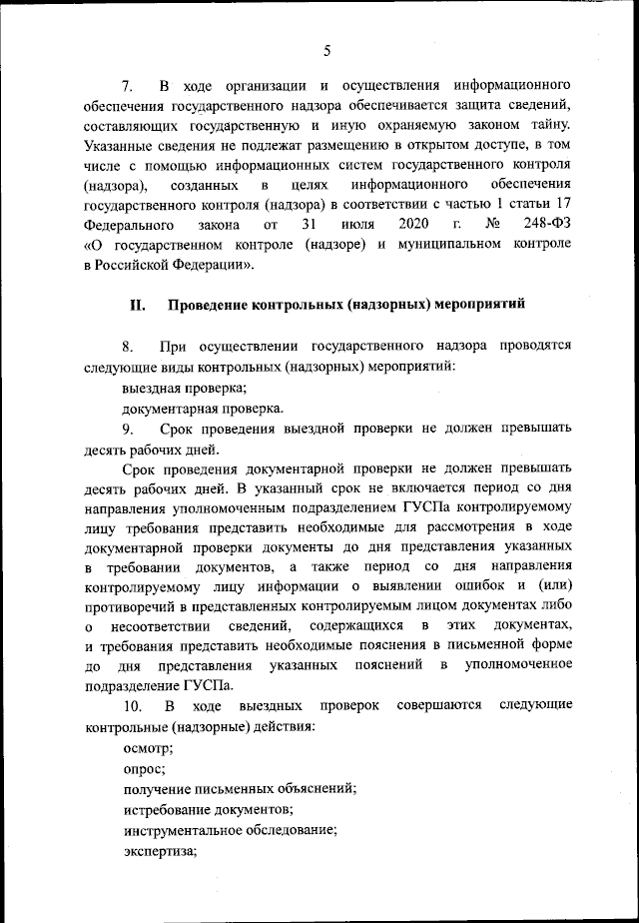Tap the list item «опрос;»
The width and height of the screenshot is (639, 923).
[x=145, y=768]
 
